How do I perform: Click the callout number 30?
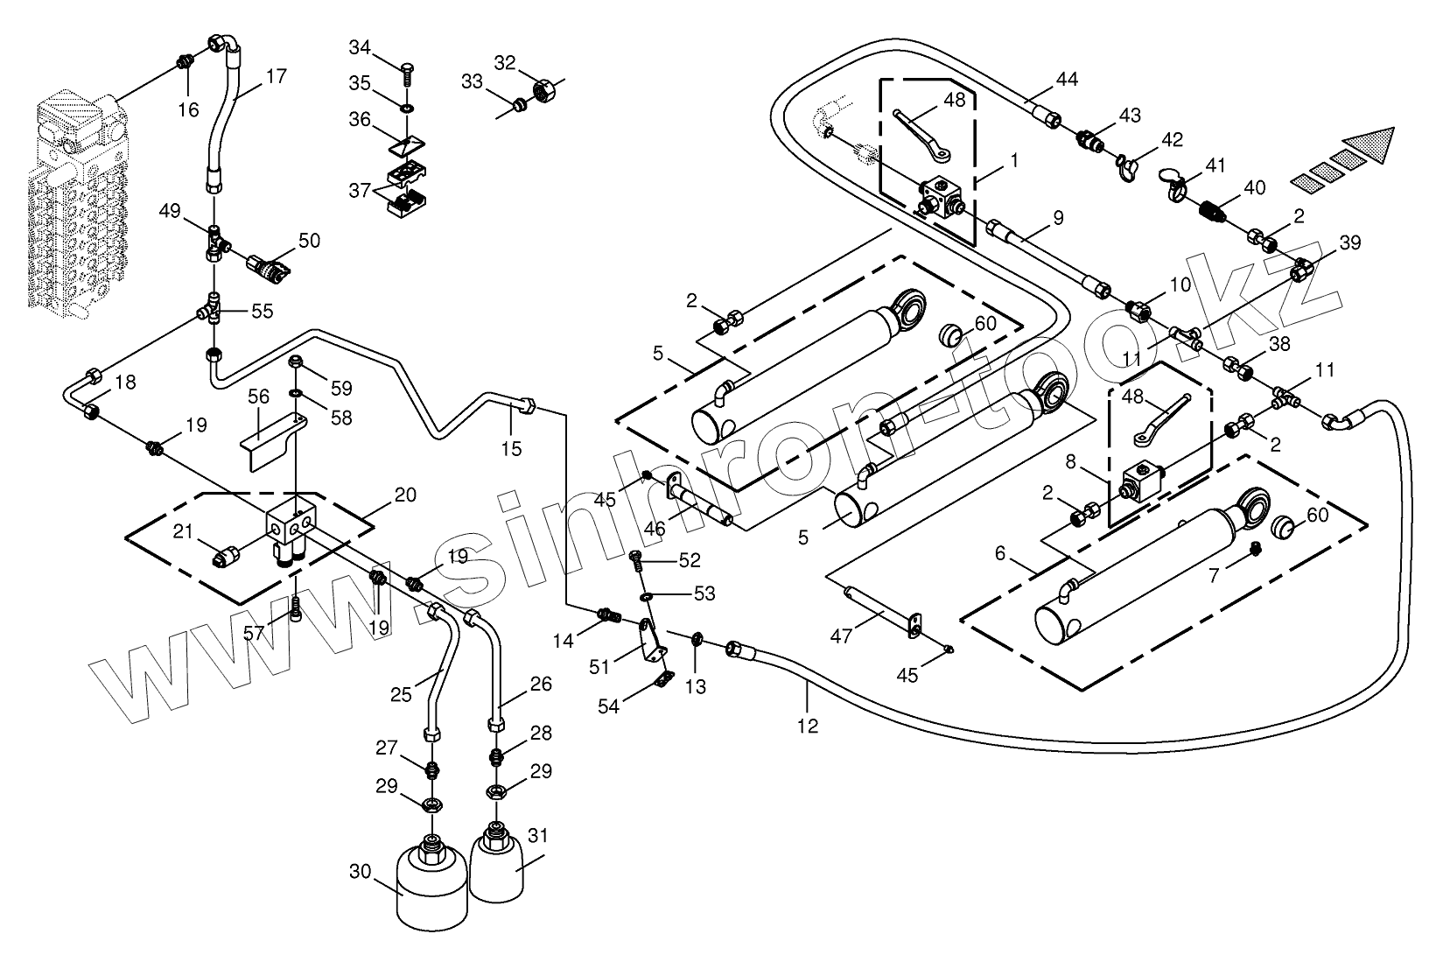361,872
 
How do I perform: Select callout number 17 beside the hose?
275,76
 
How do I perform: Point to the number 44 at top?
1066,80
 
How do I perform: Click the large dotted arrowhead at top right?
1366,144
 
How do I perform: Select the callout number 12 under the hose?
808,725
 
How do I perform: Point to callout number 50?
309,241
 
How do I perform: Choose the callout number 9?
1058,217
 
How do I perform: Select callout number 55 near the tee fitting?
262,311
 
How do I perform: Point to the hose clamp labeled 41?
1177,184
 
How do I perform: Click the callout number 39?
1350,242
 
